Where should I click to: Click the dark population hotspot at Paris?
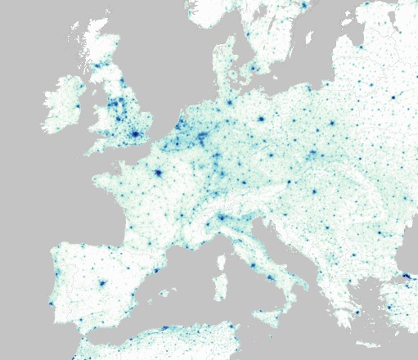click(x=156, y=173)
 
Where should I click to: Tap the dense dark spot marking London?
click(x=134, y=133)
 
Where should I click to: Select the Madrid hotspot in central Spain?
click(x=102, y=284)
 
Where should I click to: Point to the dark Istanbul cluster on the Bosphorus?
click(x=407, y=278)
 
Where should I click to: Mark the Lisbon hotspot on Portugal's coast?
click(x=52, y=304)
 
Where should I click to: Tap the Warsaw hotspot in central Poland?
click(x=333, y=124)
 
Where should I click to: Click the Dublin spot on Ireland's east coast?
click(x=79, y=106)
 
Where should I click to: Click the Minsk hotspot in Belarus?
click(x=393, y=97)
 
